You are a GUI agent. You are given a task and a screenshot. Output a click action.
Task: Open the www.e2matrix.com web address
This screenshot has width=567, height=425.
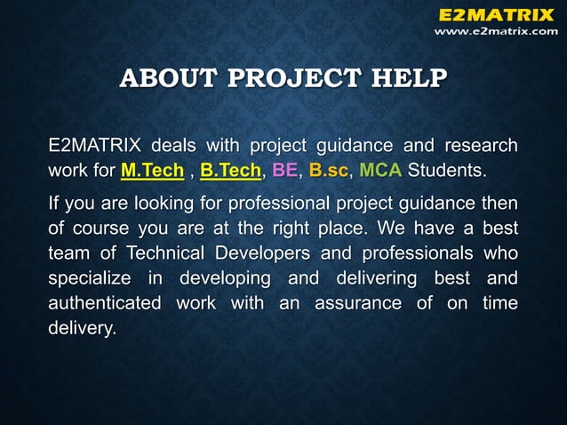[x=496, y=30]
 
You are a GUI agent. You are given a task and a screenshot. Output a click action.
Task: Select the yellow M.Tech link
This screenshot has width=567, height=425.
[x=152, y=169]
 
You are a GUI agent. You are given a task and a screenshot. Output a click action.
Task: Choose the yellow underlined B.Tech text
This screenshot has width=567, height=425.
[x=231, y=169]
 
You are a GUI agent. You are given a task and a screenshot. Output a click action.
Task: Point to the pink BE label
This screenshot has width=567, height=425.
[x=284, y=169]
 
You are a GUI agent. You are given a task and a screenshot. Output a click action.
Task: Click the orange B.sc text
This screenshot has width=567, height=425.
[x=329, y=169]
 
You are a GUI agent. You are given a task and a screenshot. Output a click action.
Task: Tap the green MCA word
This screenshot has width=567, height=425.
[x=380, y=169]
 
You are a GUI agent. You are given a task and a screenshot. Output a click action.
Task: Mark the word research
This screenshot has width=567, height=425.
[x=481, y=144]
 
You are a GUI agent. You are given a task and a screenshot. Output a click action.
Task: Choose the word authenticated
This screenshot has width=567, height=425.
[x=105, y=303]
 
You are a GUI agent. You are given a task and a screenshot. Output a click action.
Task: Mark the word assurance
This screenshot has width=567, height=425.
[x=359, y=303]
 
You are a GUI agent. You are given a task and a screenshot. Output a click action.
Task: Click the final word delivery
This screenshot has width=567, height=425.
[x=82, y=328]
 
